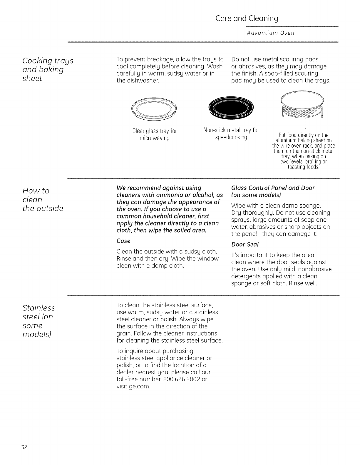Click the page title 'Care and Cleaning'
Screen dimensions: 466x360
pos(247,19)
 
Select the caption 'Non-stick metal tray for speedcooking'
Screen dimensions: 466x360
pos(231,133)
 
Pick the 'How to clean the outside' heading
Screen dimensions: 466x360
pos(43,200)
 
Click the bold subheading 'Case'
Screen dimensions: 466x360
pos(123,241)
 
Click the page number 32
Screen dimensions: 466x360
pos(24,447)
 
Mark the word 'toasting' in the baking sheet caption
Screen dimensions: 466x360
pos(296,167)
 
